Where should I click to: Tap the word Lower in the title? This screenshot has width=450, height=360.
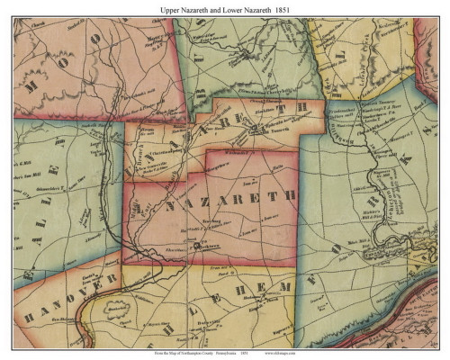[x=229, y=8]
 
